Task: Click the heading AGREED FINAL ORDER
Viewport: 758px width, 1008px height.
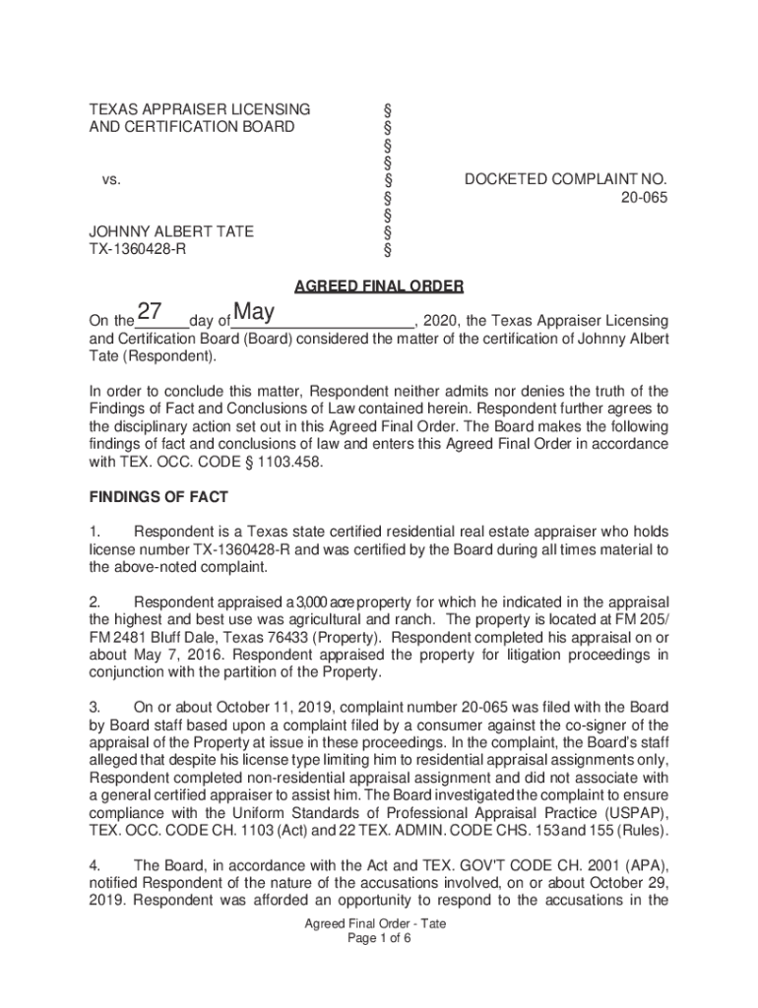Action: coord(379,287)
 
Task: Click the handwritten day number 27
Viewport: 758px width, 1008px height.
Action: coord(150,313)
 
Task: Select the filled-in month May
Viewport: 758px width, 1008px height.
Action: coord(254,313)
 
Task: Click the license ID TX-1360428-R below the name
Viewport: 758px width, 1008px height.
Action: coord(139,249)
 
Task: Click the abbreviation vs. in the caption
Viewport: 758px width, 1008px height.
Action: coord(111,180)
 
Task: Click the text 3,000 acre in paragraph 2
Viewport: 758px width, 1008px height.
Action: coord(328,602)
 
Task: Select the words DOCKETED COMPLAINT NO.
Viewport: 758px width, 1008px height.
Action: coord(566,180)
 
